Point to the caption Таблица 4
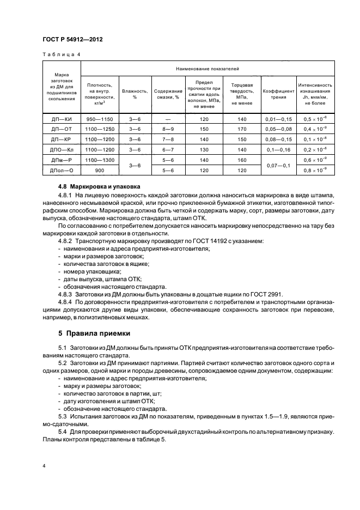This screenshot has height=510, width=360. pos(62,54)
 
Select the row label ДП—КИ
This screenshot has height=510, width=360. pos(62,119)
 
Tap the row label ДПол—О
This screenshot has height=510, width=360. pos(62,170)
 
